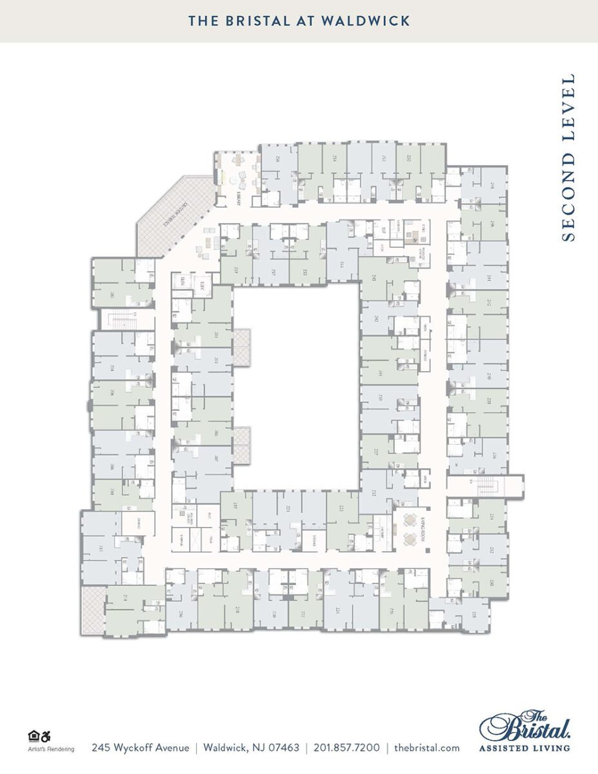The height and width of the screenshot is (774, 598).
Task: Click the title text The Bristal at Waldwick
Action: click(299, 21)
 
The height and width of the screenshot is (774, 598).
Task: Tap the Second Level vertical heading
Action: click(568, 158)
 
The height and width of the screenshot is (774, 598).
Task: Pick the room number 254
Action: click(335, 157)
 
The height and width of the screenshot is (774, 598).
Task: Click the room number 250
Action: click(408, 157)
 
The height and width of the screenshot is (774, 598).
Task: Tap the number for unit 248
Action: click(492, 184)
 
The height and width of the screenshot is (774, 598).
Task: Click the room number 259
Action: click(236, 270)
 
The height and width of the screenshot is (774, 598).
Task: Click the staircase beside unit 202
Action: click(121, 319)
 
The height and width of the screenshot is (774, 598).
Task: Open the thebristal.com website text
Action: click(426, 748)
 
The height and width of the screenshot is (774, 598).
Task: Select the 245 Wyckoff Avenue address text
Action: click(141, 748)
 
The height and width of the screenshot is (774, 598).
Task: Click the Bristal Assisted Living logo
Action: click(524, 731)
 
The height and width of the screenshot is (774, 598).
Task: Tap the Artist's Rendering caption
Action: click(51, 749)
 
